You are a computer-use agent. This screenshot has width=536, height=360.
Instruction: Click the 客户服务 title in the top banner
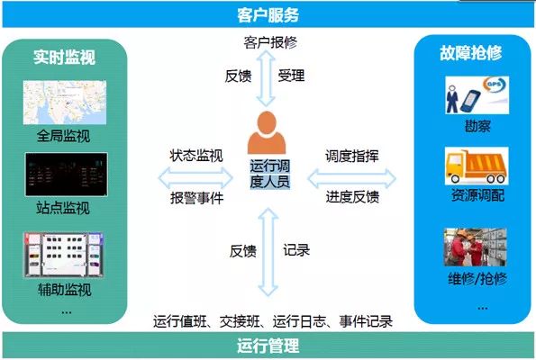point(268,14)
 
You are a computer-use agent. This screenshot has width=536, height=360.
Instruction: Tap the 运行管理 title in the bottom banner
point(268,346)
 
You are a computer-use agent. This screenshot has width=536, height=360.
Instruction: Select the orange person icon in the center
point(267,132)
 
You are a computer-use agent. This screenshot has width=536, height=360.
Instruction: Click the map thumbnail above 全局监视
point(65,103)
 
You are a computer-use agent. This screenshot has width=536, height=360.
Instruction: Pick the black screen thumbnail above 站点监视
point(67,175)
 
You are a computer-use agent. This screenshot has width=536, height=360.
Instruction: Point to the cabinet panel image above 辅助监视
point(64,255)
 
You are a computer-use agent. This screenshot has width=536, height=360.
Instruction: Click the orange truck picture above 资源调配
point(477,166)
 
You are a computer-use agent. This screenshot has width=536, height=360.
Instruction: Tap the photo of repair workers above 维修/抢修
point(476,247)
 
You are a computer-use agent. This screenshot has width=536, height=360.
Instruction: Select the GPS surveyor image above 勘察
point(477,95)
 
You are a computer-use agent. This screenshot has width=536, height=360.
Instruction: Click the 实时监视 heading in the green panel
point(64,57)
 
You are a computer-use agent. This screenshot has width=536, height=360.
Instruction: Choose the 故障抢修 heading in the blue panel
point(471,53)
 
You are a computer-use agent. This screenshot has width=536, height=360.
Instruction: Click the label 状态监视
point(196,156)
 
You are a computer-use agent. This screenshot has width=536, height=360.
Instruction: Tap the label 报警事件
point(197,198)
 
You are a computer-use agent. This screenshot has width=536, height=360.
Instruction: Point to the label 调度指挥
point(352,156)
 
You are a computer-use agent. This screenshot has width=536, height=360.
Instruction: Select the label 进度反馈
point(352,197)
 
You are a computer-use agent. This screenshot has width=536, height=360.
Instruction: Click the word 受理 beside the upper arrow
point(291,76)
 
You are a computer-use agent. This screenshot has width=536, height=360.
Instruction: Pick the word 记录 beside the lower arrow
point(296,250)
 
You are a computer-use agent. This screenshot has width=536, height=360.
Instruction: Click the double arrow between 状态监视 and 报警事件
point(195,177)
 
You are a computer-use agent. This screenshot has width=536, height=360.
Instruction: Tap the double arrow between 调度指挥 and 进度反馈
point(352,178)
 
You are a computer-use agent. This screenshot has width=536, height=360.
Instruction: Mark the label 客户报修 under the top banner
point(270,42)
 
